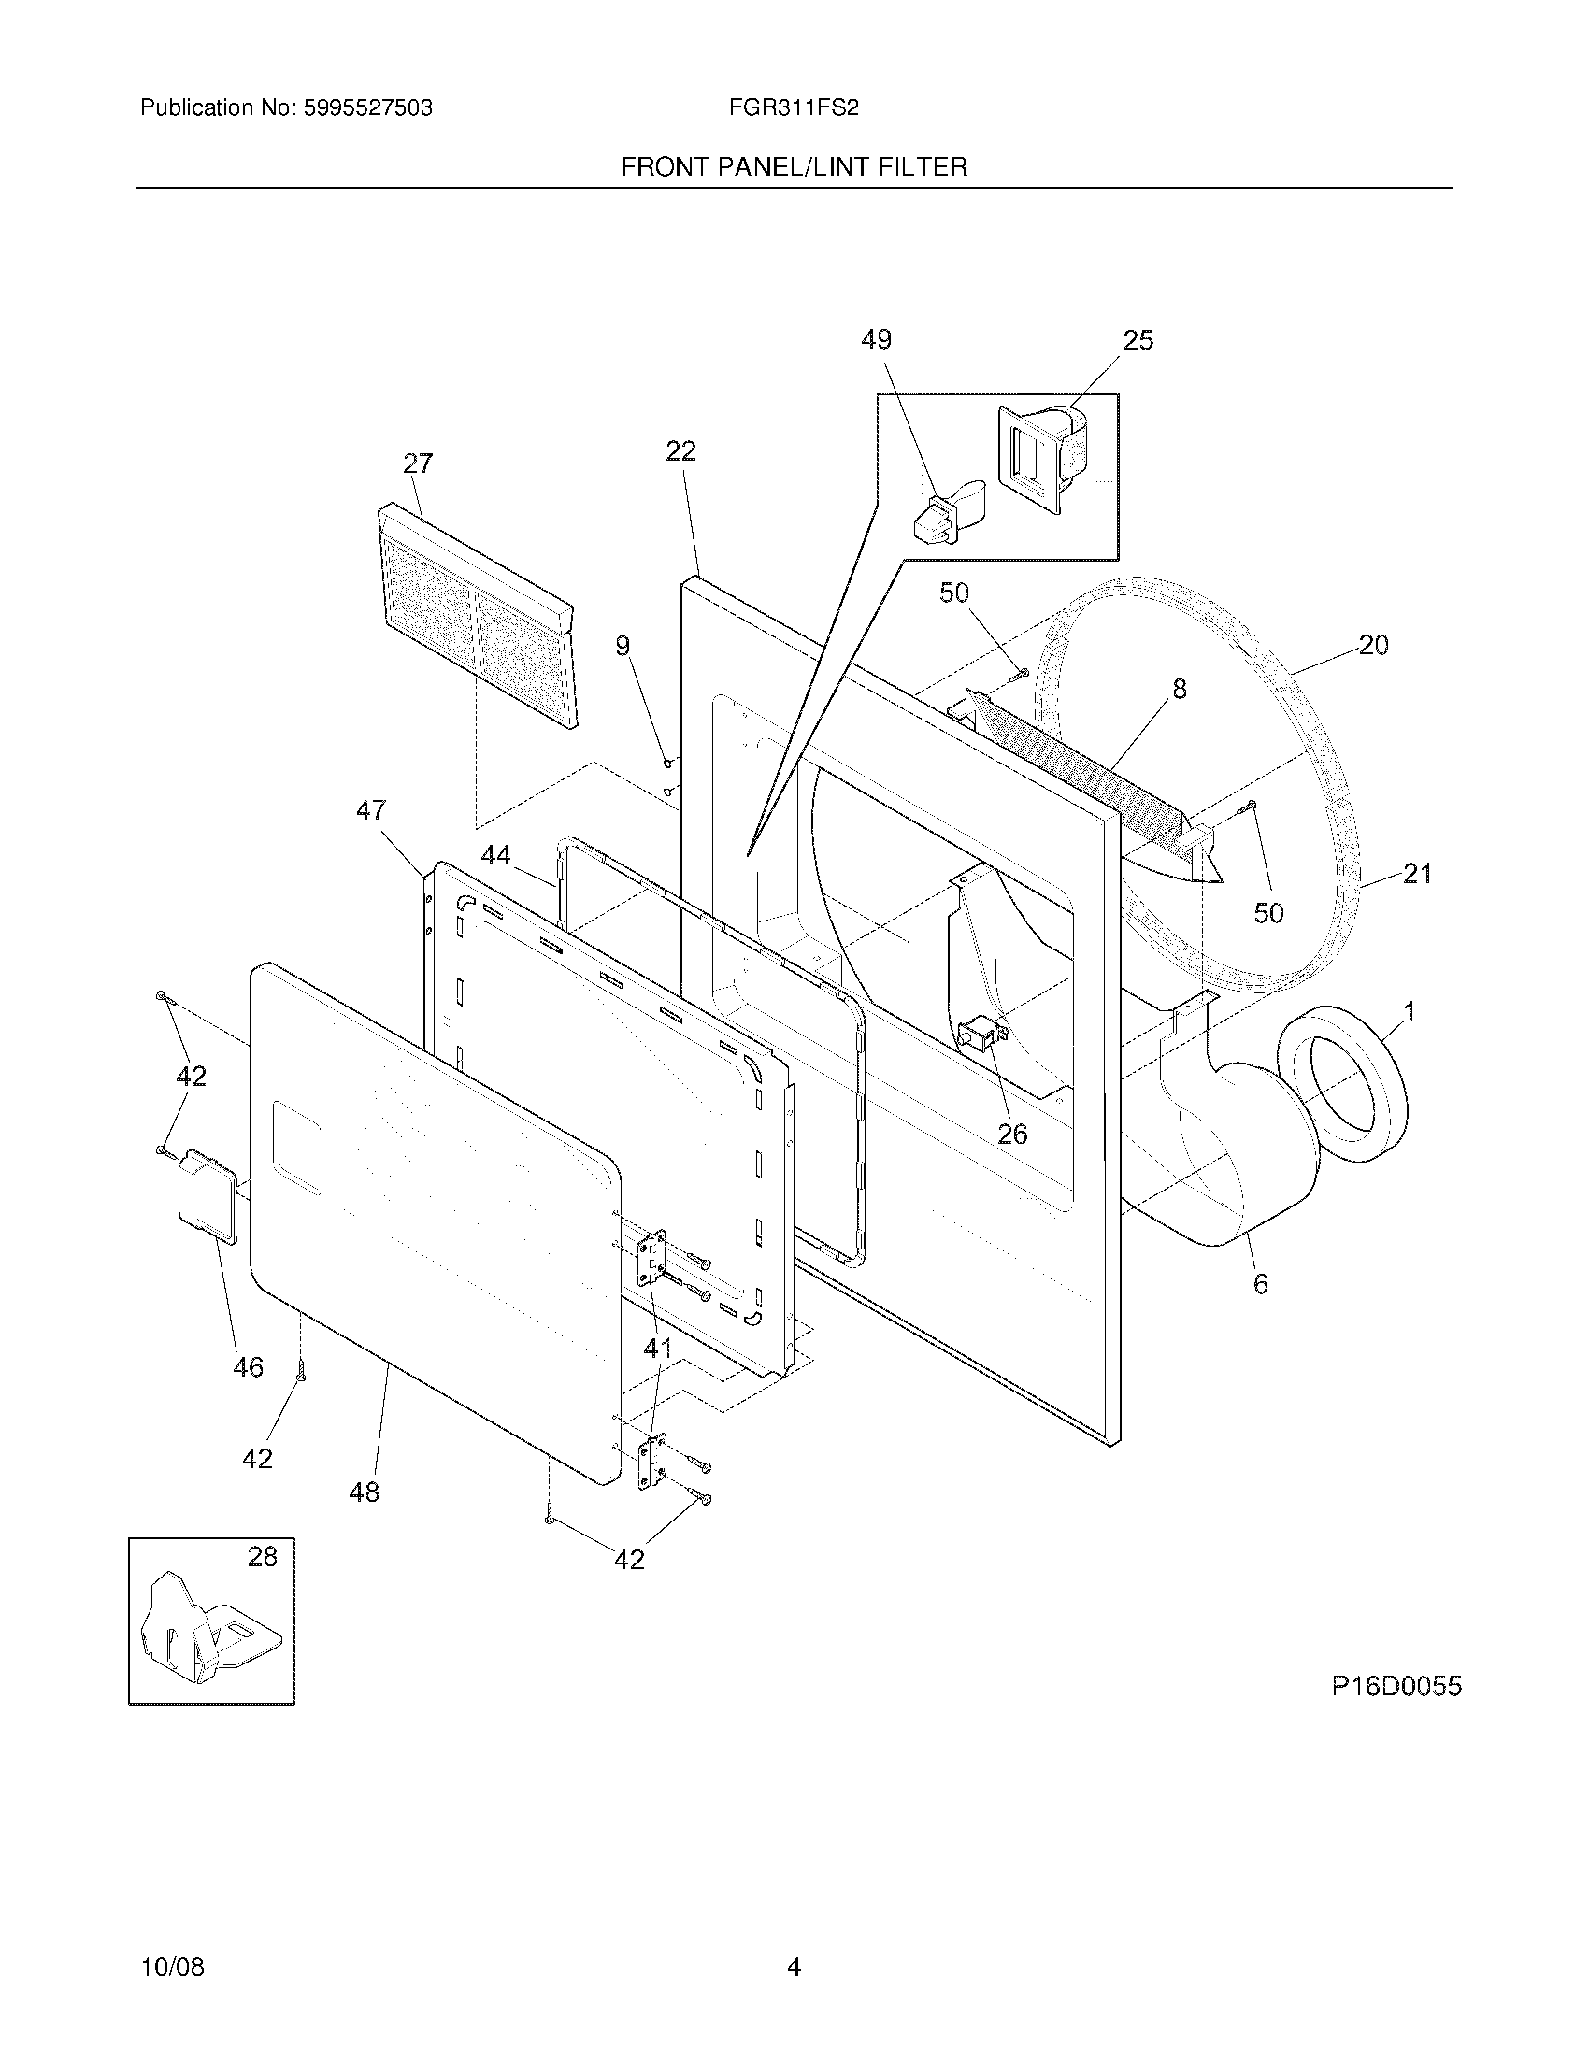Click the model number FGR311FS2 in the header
pos(793,107)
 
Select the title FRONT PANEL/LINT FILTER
pos(794,167)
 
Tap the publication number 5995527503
pos(367,107)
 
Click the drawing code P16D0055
pos(1396,1686)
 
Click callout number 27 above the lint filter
pos(418,464)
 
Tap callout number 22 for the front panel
pos(680,451)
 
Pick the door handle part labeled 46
pos(208,1194)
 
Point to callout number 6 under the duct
pos(1261,1283)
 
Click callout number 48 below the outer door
pos(365,1492)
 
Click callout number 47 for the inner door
pos(371,809)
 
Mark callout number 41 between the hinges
pos(657,1348)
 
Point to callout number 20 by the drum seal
pos(1373,645)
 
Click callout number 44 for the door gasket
pos(496,855)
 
